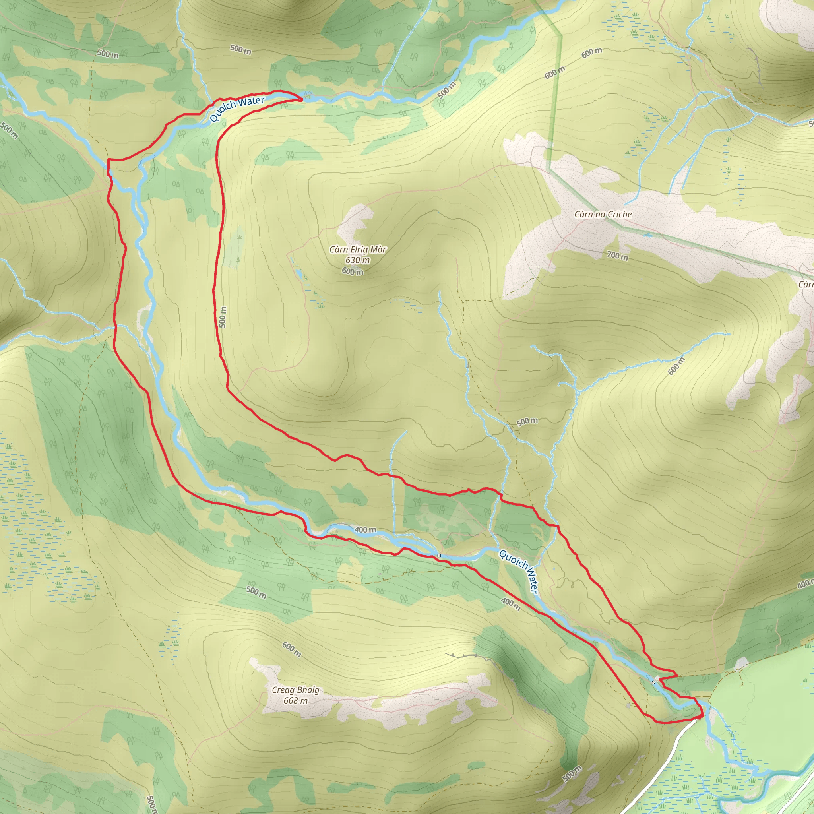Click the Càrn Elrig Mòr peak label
(357, 250)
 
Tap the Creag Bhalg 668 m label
(295, 695)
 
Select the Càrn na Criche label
(603, 215)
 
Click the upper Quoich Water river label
(237, 108)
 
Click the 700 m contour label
(617, 255)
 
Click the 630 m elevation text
(357, 260)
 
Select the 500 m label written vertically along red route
(223, 317)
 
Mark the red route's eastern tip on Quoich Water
(302, 99)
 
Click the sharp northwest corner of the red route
(109, 160)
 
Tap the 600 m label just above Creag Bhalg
(292, 649)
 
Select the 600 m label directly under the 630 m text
(353, 272)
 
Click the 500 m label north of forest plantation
(527, 421)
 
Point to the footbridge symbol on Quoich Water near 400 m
(439, 556)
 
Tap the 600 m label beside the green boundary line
(554, 72)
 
